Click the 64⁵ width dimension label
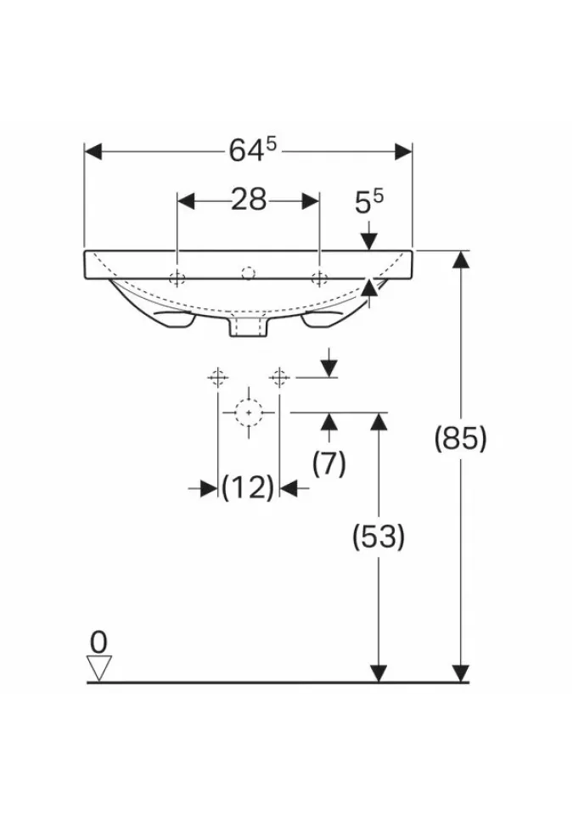pos(253,151)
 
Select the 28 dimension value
pos(249,200)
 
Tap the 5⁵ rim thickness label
pos(369,202)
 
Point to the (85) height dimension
pos(461,438)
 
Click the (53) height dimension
pos(378,537)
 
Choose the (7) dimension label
pos(329,464)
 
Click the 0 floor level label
pos(98,642)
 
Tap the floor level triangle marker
pos(98,668)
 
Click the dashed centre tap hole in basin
pos(249,273)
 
